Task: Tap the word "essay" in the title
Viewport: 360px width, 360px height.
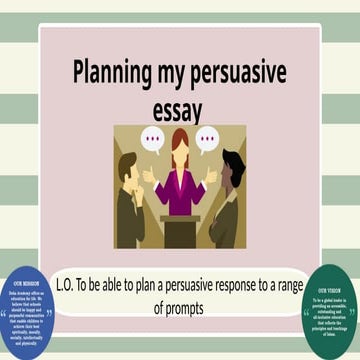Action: click(180, 105)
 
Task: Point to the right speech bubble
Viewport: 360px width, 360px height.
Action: click(207, 139)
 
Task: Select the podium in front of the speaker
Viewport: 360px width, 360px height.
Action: click(180, 230)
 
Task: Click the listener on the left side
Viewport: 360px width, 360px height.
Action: click(129, 200)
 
